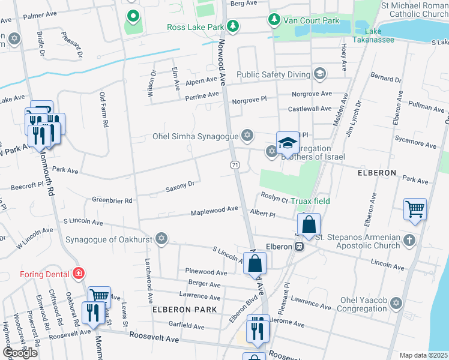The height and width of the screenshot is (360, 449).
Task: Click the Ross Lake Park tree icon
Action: (233, 26)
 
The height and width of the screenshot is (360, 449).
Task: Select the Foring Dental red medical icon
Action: (77, 274)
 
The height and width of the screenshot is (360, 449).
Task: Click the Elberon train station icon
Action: (298, 246)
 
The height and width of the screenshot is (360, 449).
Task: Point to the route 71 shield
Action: (235, 164)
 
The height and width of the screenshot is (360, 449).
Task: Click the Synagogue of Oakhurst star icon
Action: (160, 239)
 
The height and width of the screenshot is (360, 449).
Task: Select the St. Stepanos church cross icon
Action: (409, 240)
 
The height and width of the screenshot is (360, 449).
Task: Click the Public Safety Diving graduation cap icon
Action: (320, 74)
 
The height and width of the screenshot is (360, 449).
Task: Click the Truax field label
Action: (310, 201)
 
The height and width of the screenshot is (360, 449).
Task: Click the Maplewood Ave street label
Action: (214, 212)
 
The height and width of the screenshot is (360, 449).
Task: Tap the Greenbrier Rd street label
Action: (112, 200)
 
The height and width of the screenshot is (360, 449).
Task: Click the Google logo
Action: (20, 353)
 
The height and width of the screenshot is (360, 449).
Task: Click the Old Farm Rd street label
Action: (103, 109)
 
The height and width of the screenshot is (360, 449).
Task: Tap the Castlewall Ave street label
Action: (309, 109)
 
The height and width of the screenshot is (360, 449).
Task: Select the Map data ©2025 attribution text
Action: (423, 355)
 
